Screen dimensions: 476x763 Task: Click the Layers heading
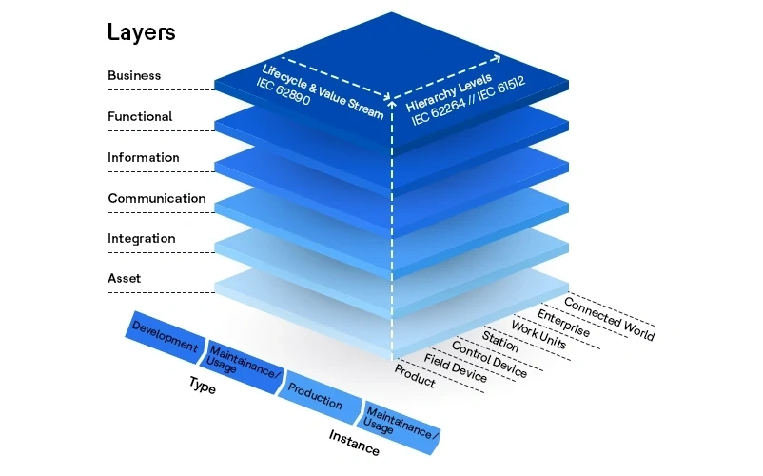141,31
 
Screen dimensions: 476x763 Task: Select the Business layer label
134,75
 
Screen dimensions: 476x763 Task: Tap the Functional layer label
140,116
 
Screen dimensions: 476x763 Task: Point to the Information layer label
143,157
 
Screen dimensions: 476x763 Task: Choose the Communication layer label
156,198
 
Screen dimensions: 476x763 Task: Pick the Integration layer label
141,238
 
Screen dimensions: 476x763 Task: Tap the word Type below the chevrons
202,387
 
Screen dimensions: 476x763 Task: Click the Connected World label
609,318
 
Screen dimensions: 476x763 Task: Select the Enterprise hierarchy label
563,323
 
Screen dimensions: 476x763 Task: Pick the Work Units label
538,335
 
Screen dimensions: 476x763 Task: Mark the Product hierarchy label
414,375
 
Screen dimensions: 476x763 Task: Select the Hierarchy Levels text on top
451,90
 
